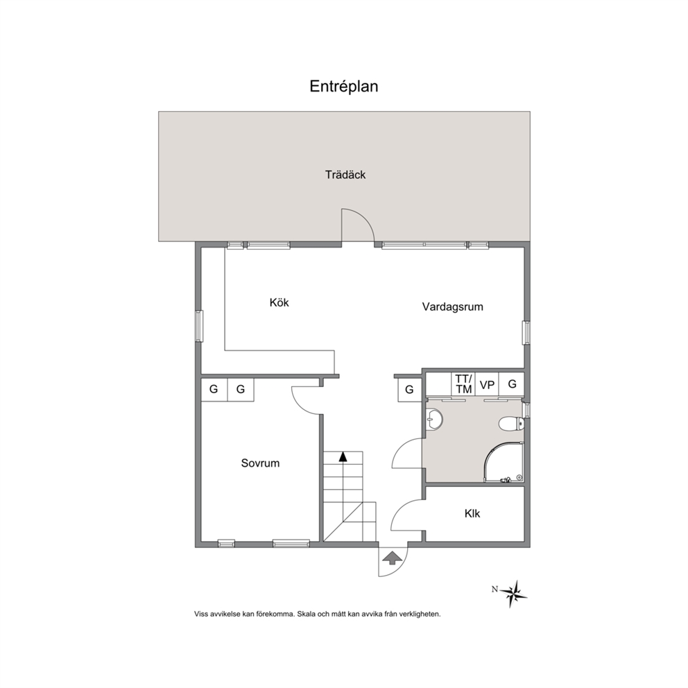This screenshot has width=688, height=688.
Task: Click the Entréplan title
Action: (343, 87)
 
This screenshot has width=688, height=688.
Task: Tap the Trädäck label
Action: (345, 175)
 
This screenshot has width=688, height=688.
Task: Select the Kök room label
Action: (279, 302)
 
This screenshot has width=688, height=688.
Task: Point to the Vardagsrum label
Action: (452, 307)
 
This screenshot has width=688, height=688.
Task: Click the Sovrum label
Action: (260, 463)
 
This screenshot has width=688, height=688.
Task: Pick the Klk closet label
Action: (472, 513)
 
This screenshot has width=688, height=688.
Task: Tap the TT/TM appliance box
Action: (464, 384)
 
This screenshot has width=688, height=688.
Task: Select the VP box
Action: (487, 385)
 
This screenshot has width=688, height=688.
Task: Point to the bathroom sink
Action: (434, 419)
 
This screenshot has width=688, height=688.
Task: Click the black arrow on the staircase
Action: (343, 456)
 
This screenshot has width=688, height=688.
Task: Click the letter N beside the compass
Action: (495, 590)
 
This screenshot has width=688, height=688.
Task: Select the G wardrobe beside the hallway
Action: (409, 389)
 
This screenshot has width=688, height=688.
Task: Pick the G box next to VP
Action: (512, 384)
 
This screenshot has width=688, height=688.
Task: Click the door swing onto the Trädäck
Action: (358, 225)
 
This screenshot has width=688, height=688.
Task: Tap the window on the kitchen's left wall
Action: (199, 325)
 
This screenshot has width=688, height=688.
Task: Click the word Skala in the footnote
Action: (305, 614)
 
